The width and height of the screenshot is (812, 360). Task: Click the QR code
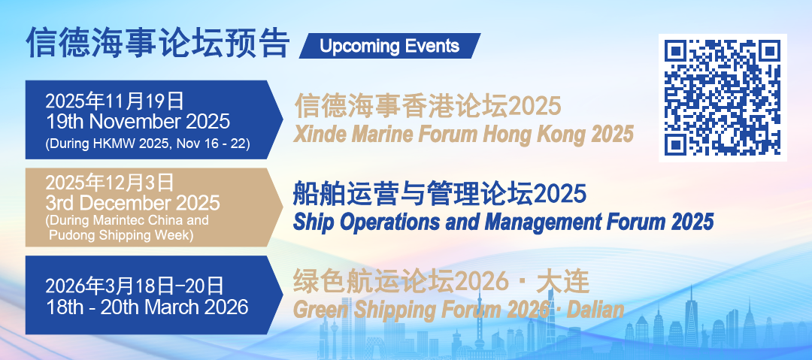(x=723, y=98)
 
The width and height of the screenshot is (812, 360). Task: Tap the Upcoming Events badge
(x=389, y=46)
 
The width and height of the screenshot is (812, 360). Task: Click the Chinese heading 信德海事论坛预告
(x=157, y=43)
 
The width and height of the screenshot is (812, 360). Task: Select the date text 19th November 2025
(x=138, y=122)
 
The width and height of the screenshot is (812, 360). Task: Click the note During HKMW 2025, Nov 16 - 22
(x=147, y=144)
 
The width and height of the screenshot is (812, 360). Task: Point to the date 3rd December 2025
(x=132, y=202)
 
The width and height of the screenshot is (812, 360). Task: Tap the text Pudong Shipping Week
(x=121, y=234)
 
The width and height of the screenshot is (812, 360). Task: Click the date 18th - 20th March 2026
(x=147, y=307)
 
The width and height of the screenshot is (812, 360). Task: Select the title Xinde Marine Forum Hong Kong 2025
(x=463, y=135)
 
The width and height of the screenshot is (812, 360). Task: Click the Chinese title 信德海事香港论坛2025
(x=428, y=106)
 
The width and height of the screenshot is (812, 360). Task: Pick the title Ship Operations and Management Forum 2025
(x=503, y=222)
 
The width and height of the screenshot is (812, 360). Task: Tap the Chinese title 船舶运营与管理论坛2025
(x=440, y=194)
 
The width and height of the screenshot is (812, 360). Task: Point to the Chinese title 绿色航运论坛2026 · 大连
(x=441, y=283)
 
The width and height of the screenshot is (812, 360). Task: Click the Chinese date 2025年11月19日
(x=114, y=101)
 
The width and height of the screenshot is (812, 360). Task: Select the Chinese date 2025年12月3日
(x=109, y=183)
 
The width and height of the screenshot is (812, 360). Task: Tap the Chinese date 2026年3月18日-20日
(x=135, y=286)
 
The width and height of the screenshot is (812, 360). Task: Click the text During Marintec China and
(x=127, y=220)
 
